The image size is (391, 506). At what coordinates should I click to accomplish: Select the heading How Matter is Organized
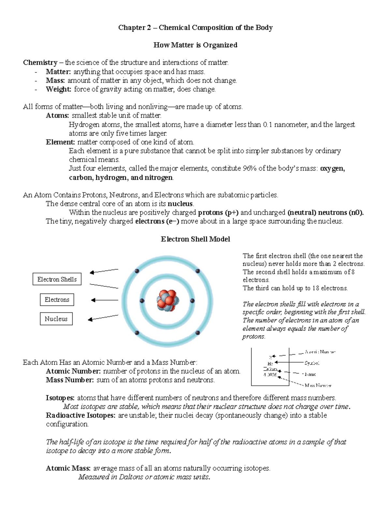tap(195, 45)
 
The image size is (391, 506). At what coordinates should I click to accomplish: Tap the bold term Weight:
tap(58, 89)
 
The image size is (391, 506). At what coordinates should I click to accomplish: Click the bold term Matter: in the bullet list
tap(58, 72)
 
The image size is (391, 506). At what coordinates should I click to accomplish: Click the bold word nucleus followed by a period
tap(180, 204)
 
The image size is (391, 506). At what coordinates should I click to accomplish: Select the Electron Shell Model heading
tap(195, 239)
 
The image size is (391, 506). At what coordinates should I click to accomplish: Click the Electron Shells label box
tap(57, 279)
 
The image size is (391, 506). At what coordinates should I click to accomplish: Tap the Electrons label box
tap(57, 300)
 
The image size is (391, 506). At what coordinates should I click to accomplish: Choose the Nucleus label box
tap(56, 319)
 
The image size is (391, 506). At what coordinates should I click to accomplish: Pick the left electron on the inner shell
tap(142, 301)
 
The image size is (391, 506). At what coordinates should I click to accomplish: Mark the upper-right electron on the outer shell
tap(197, 271)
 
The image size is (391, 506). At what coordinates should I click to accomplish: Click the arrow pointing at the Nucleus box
tap(103, 318)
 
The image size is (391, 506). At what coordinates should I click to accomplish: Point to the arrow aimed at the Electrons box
tap(104, 300)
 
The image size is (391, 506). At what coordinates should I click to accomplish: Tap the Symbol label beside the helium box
tap(312, 363)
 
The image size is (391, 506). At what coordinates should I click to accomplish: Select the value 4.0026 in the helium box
tap(270, 375)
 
